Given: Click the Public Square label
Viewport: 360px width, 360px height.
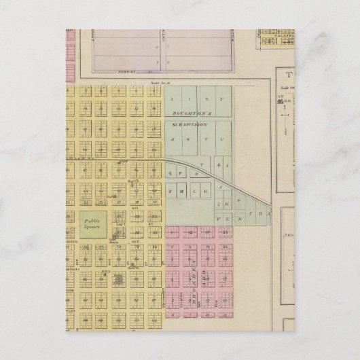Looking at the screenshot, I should tap(92, 223).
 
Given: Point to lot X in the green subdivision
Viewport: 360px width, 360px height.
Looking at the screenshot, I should tap(176, 139).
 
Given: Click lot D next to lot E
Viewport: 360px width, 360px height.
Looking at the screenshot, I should tap(232, 219).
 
